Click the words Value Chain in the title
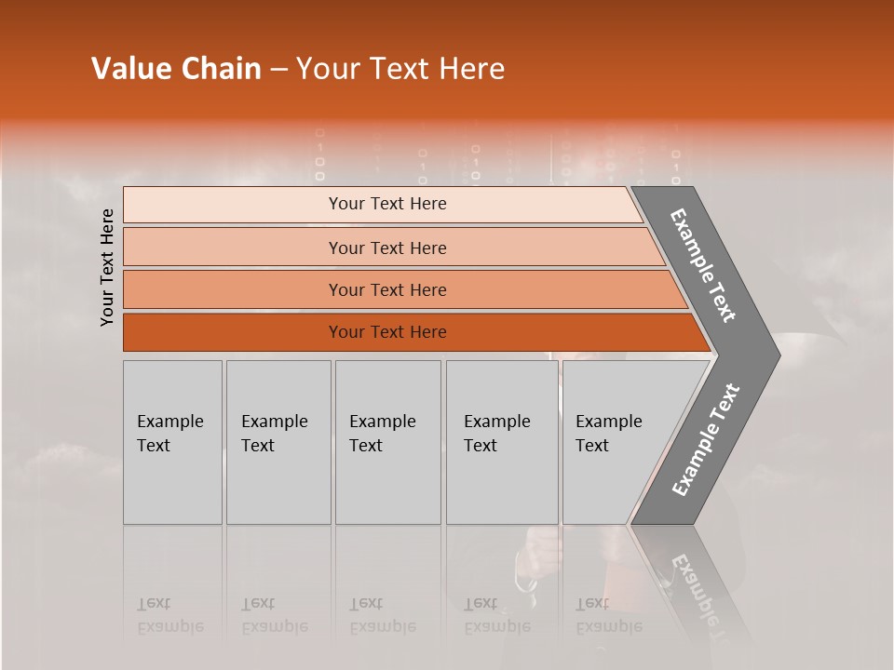click(176, 69)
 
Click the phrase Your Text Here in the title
click(400, 69)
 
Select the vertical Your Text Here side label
click(107, 267)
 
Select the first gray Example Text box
click(172, 442)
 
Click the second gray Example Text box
click(278, 442)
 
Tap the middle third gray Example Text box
click(387, 442)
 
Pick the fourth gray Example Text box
click(501, 442)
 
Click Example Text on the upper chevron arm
click(704, 266)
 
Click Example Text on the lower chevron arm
click(706, 439)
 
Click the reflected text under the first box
click(169, 616)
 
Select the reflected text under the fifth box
click(608, 616)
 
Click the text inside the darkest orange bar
click(387, 332)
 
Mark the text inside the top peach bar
click(387, 204)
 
